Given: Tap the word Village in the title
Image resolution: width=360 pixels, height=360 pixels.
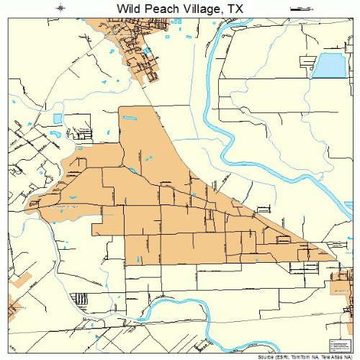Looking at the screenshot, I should (202, 9).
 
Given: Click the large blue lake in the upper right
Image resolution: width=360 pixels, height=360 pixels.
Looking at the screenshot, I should (328, 66).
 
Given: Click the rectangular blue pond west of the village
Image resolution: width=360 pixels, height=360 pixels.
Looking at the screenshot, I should (58, 118).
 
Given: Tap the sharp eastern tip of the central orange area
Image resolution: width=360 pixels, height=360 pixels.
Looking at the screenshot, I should (336, 256).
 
